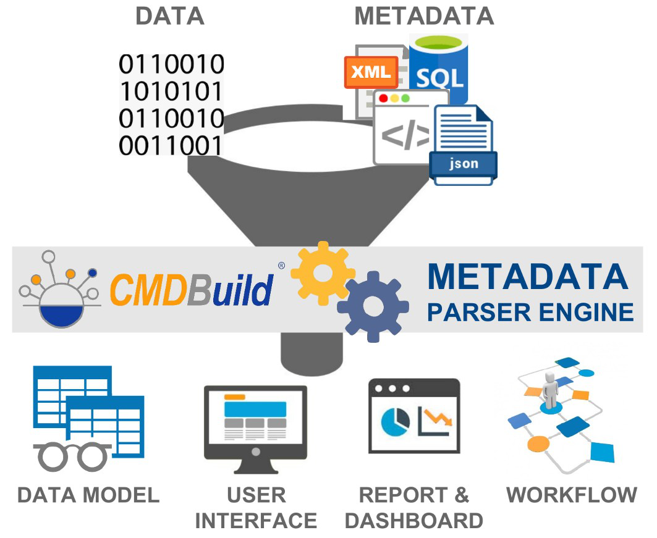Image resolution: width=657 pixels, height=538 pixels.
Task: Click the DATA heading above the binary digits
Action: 169,17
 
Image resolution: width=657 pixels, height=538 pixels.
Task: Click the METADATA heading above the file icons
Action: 424,17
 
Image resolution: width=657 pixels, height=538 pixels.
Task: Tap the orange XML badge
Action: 370,72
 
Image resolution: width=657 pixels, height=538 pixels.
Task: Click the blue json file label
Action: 464,164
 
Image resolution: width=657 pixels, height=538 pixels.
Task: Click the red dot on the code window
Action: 383,98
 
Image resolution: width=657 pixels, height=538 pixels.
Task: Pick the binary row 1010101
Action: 171,91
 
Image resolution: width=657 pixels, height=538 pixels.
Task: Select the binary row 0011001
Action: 171,146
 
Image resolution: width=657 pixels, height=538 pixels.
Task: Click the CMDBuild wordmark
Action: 192,289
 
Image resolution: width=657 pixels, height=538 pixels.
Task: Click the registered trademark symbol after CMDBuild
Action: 281,266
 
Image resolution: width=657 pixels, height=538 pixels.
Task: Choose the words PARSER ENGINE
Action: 530,311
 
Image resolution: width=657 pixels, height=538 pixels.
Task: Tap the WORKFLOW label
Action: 572,495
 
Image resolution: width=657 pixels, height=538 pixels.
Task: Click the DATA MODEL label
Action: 88,495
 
